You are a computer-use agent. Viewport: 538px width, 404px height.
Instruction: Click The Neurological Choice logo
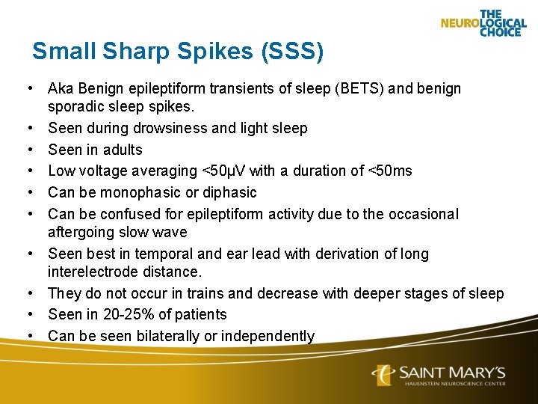(483, 23)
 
